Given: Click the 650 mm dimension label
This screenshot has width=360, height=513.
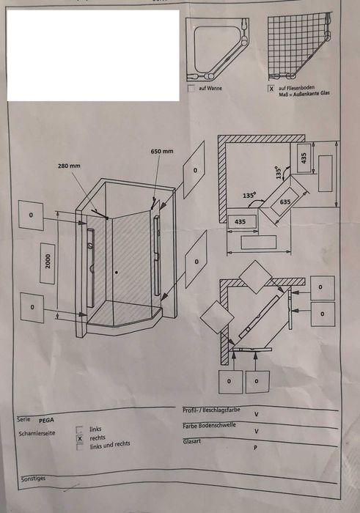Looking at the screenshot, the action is (162, 152).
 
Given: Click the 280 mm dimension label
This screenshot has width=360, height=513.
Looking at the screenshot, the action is (69, 166).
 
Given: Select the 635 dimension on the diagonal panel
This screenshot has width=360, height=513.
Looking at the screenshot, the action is (285, 202).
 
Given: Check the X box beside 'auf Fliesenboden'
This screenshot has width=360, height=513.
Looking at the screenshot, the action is (271, 89).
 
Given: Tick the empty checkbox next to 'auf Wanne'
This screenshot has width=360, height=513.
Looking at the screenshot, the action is (191, 89).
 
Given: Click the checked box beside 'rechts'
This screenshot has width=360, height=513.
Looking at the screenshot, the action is (79, 438).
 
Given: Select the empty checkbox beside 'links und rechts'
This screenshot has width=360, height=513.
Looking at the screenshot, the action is (80, 447).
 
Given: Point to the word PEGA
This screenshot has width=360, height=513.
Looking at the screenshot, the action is (46, 421).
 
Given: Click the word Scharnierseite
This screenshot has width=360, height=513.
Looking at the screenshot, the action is (37, 434).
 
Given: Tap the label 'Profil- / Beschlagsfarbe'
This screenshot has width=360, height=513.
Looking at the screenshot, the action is (211, 410).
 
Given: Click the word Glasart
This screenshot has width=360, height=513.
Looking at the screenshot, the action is (192, 442).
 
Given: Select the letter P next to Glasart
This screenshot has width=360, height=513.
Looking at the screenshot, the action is (256, 448).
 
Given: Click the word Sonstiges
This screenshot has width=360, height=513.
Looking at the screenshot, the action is (34, 479).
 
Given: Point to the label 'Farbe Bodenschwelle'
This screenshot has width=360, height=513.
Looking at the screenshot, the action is (209, 426).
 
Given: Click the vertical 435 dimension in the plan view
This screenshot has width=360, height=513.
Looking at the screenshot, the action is (304, 158).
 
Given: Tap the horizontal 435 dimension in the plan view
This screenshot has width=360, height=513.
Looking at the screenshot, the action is (240, 222).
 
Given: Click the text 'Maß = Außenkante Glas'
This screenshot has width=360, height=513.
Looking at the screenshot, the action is (304, 94).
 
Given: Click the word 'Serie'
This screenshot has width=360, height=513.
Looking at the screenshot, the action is (23, 419).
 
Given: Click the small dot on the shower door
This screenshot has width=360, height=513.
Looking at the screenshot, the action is (116, 272).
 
